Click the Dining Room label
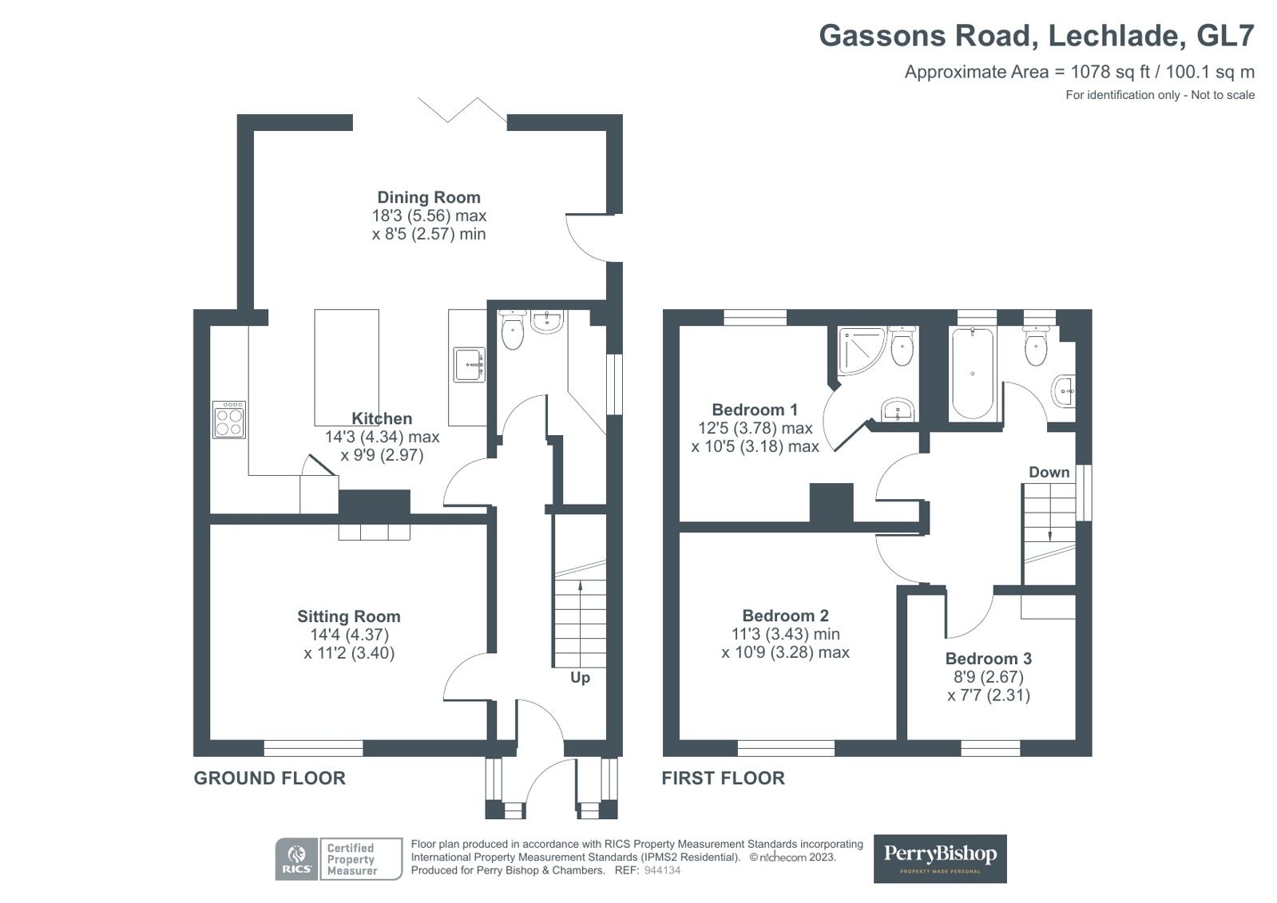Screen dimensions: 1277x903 [x=429, y=197]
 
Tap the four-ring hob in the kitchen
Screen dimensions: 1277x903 [x=229, y=420]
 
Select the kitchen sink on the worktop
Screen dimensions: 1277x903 [x=469, y=365]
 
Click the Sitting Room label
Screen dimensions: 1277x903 [x=349, y=616]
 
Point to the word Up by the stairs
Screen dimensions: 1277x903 [x=580, y=678]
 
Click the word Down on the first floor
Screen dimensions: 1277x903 [x=1049, y=472]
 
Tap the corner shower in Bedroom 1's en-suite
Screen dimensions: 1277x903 [x=862, y=351]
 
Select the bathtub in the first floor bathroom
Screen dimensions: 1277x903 [x=972, y=374]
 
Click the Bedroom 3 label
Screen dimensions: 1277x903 [x=989, y=659]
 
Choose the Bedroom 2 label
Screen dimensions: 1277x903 [x=786, y=616]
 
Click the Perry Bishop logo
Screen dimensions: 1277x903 [x=940, y=858]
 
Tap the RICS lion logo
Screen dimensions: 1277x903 [x=296, y=858]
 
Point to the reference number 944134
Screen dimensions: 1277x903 [x=662, y=870]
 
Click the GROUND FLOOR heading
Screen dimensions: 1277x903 [x=270, y=778]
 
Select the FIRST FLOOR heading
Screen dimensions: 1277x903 [x=723, y=778]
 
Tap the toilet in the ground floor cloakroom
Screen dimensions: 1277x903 [x=513, y=330]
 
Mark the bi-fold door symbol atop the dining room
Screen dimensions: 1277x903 [x=462, y=110]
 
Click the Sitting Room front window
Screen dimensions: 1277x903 [x=313, y=748]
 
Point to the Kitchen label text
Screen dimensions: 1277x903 [x=382, y=418]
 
